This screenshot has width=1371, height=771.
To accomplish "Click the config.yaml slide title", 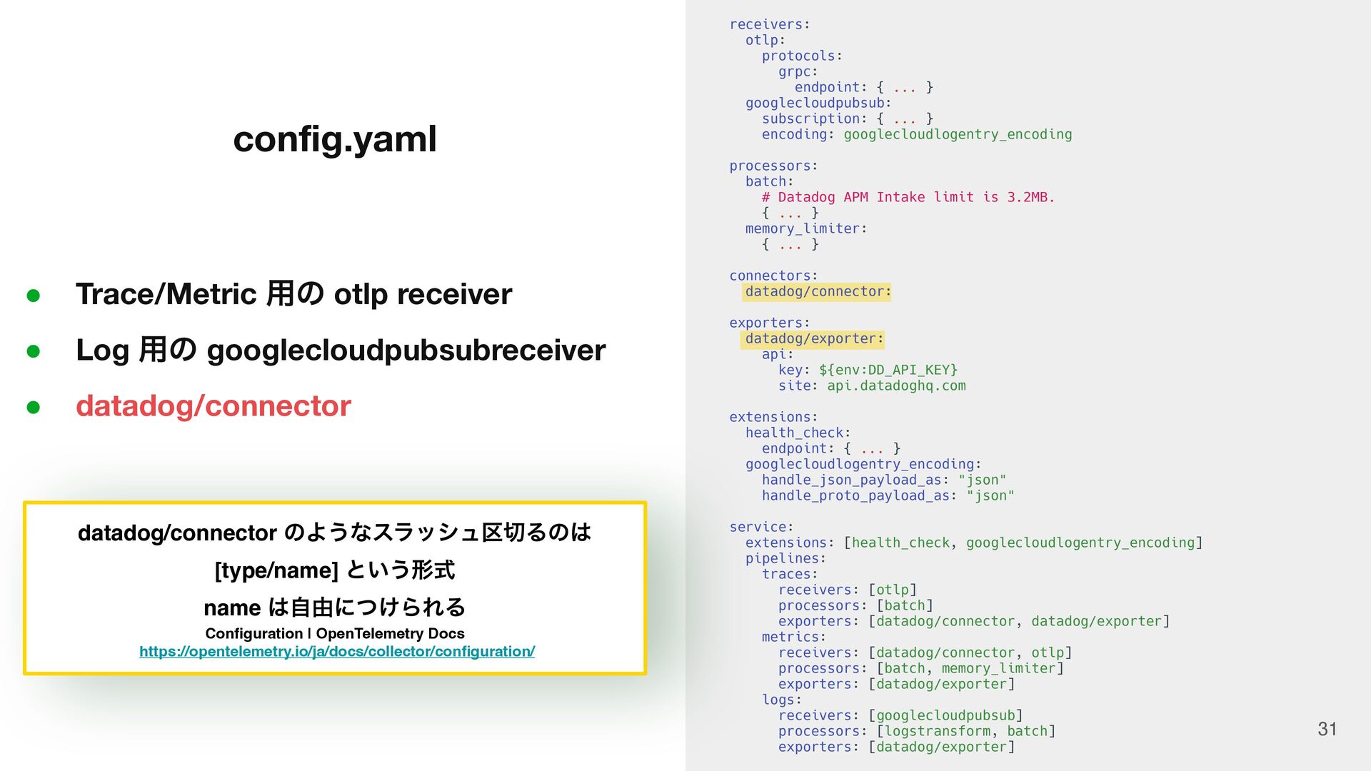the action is tap(334, 138).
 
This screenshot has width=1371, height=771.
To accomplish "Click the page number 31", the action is tap(1327, 729).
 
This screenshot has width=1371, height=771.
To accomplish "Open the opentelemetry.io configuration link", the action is tap(337, 651).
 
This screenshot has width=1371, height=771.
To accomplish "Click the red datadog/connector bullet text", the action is tap(213, 405).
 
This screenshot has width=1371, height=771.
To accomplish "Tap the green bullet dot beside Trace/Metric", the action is tap(33, 295).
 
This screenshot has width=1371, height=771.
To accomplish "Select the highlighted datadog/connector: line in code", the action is tap(817, 291).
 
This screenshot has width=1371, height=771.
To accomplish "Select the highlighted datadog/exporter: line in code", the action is tap(813, 338).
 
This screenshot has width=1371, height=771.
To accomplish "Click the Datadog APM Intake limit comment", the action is tap(908, 197).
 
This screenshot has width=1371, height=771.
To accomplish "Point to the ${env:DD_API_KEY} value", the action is tap(888, 370).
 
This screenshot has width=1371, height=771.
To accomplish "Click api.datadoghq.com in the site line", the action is tap(895, 385).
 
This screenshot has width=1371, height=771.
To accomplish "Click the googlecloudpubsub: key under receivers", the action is tap(818, 103).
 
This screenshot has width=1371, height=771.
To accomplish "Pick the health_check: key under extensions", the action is tap(798, 433).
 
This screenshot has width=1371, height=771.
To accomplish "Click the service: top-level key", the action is tap(761, 527).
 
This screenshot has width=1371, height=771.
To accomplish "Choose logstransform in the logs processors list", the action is tap(937, 731).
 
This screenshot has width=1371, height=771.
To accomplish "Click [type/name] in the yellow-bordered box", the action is tap(276, 570).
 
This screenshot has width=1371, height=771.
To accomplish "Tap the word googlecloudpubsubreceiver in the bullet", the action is tap(406, 351).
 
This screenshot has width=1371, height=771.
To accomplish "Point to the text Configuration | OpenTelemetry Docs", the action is tap(334, 633).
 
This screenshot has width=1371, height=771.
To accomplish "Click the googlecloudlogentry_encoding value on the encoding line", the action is tap(958, 134).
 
